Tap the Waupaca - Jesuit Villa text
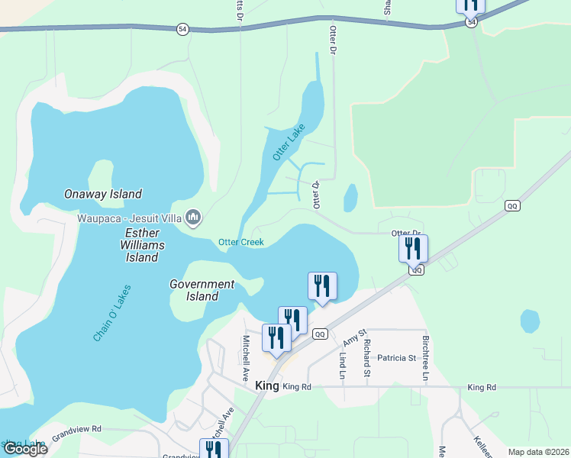coord(128,218)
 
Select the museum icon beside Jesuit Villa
coord(193,218)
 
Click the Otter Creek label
coord(240,243)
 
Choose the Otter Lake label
coord(288,142)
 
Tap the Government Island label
coord(202,290)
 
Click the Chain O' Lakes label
coord(112,313)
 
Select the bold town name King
coord(267,386)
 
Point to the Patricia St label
coord(395,357)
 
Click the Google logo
coord(25,449)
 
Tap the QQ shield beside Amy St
coord(321,334)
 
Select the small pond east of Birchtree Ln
coord(530,321)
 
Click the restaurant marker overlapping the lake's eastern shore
coord(322,286)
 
